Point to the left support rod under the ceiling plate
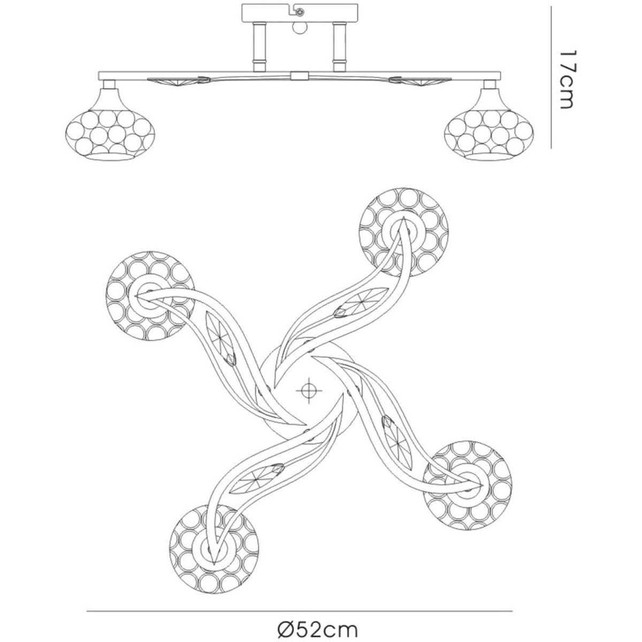[x=259, y=47]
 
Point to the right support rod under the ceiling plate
[x=338, y=47]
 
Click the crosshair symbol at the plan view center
[x=307, y=390]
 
